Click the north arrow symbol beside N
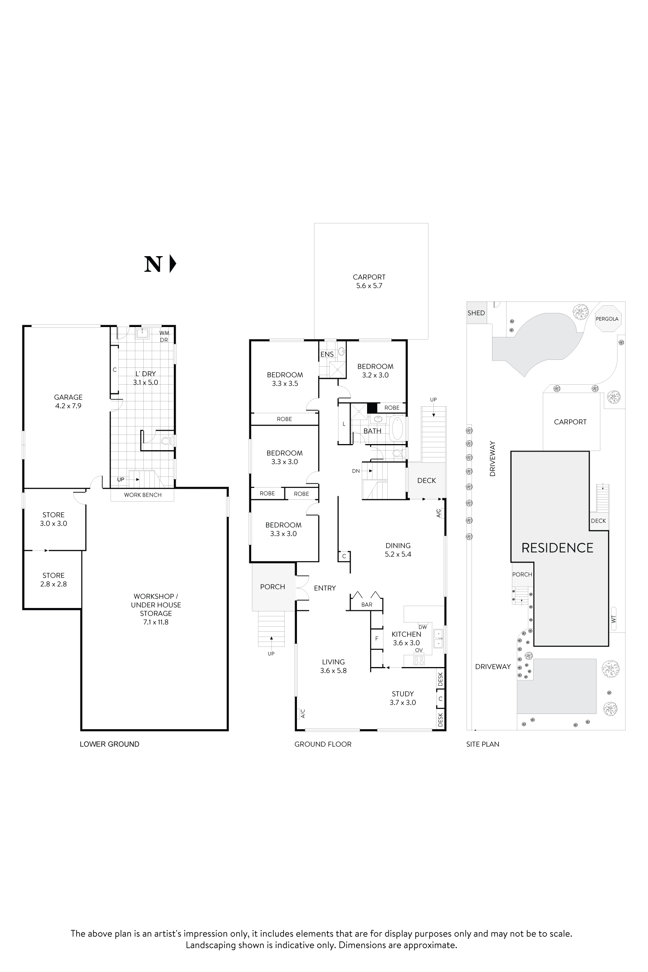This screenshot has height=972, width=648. coord(173,264)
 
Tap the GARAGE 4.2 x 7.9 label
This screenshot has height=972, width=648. coord(68,401)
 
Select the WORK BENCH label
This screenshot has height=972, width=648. coord(143,495)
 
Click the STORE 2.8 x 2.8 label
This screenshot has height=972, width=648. coord(53,579)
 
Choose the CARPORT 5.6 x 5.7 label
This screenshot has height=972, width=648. coord(369,281)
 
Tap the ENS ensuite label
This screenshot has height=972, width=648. coord(327,354)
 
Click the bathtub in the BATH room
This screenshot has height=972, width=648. coord(397,428)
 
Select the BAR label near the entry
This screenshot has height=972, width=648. coord(367,604)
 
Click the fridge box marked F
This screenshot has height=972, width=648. coord(377,638)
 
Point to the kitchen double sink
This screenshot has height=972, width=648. coord(438,639)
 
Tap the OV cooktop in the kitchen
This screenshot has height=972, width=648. coord(419,660)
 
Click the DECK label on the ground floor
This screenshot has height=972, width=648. coord(427,480)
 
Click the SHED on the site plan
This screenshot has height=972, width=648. coord(476,313)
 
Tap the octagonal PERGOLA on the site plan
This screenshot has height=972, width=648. coord(607,319)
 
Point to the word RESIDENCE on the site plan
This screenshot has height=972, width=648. coord(557,548)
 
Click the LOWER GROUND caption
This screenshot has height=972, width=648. coord(109,744)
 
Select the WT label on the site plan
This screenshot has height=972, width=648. coord(613,619)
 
